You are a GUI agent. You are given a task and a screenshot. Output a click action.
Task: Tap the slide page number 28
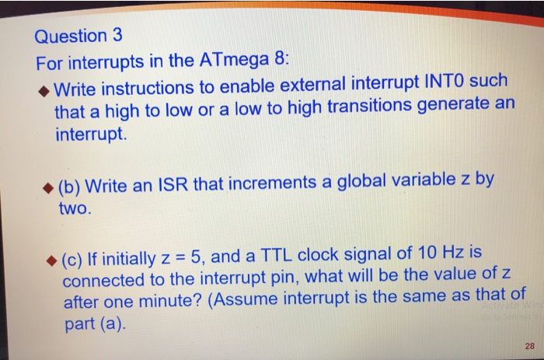[529, 345]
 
